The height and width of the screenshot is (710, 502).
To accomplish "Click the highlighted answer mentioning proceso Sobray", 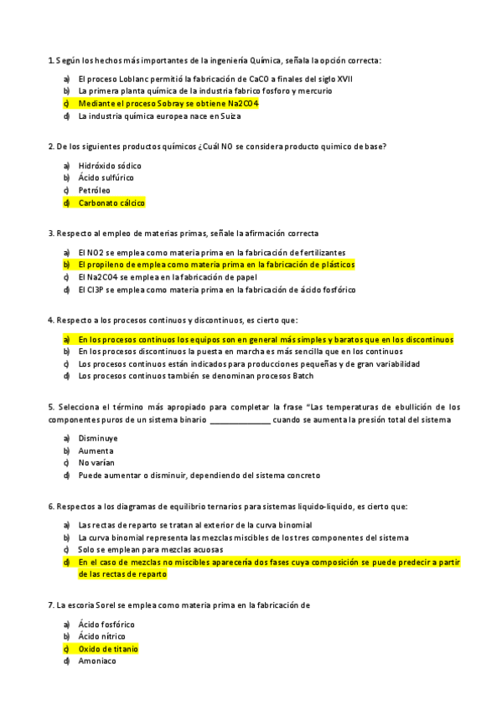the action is click(x=168, y=103).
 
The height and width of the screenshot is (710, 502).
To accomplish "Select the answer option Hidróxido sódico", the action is click(x=110, y=166).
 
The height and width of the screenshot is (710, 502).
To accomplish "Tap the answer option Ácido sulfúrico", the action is click(x=106, y=177).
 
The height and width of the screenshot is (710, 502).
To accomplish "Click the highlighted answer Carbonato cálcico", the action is click(x=111, y=203).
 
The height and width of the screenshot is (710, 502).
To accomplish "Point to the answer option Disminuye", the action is click(x=98, y=438).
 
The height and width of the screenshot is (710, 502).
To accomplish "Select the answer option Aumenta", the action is click(x=96, y=450).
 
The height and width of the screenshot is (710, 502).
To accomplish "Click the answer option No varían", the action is click(x=96, y=462).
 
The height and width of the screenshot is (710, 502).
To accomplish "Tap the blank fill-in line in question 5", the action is click(x=240, y=419).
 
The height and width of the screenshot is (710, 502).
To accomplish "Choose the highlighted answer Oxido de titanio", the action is click(x=108, y=649).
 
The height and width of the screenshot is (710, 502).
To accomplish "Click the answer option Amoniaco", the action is click(x=97, y=661).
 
